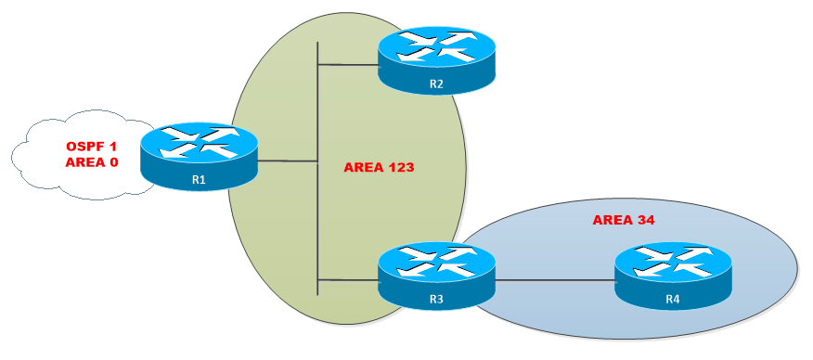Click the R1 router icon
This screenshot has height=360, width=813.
pyautogui.click(x=199, y=156)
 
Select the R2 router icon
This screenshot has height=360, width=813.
pyautogui.click(x=436, y=62)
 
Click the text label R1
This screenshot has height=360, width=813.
pyautogui.click(x=199, y=179)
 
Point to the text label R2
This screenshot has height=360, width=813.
pyautogui.click(x=436, y=85)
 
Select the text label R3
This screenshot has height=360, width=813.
pyautogui.click(x=436, y=298)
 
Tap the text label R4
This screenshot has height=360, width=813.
pyautogui.click(x=673, y=298)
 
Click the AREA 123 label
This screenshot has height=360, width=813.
pyautogui.click(x=379, y=168)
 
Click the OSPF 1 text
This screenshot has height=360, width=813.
pyautogui.click(x=92, y=148)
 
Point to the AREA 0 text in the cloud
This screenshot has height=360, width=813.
pyautogui.click(x=92, y=162)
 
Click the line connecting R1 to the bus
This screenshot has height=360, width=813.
pyautogui.click(x=287, y=161)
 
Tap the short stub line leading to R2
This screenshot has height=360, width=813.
pyautogui.click(x=347, y=64)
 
